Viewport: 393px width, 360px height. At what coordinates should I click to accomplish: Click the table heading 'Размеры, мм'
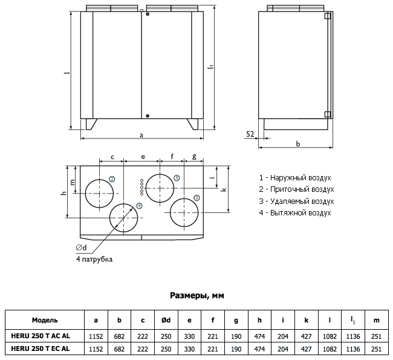click(197, 295)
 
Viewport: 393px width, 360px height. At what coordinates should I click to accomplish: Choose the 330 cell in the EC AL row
click(190, 349)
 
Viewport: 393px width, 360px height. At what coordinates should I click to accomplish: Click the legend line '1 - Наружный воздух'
click(295, 178)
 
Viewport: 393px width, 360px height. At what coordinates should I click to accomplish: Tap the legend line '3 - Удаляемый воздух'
click(296, 201)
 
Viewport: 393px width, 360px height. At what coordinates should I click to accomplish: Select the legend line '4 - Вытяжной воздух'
click(295, 213)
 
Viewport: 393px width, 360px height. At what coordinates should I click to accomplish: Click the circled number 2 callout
click(112, 178)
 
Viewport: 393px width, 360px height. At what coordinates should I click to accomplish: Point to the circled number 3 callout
click(197, 198)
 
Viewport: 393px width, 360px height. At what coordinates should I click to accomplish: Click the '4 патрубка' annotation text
click(94, 259)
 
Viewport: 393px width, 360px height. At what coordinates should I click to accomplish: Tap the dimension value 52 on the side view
click(250, 134)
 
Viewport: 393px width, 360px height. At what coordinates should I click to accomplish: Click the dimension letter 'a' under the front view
click(141, 134)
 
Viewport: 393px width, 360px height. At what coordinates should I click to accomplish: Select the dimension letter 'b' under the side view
click(298, 143)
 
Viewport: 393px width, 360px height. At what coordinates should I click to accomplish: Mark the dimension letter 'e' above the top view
click(143, 157)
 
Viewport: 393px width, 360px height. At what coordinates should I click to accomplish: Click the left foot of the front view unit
click(91, 124)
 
